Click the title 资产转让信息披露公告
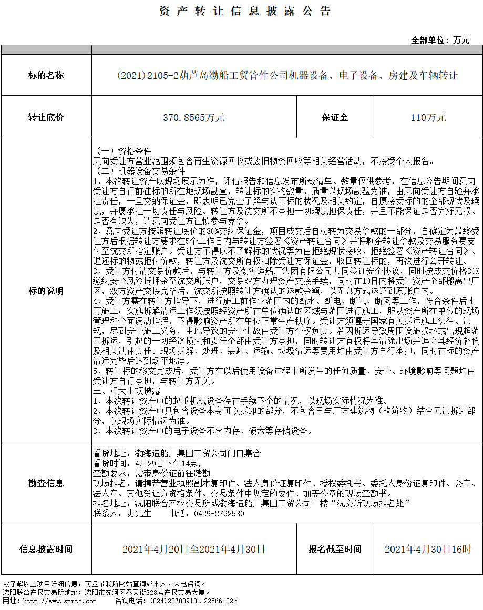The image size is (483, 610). pos(245,12)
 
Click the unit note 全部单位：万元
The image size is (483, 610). pos(440,40)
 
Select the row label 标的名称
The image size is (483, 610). pos(46,76)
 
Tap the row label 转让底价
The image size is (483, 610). pos(46,117)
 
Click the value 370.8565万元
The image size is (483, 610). pos(194,117)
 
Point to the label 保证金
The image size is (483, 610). pos(335,117)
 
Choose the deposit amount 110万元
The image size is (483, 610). pos(428,117)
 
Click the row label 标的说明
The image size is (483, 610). pos(46,291)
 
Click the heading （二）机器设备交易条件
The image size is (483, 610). pos(139,171)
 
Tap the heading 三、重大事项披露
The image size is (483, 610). pos(126,391)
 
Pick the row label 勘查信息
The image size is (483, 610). pos(46,483)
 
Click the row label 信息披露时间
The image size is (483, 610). pos(46,549)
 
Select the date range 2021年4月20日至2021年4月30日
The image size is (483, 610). pos(194,549)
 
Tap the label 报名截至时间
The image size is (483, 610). pos(335,549)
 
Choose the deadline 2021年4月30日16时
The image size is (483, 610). pos(428,549)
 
